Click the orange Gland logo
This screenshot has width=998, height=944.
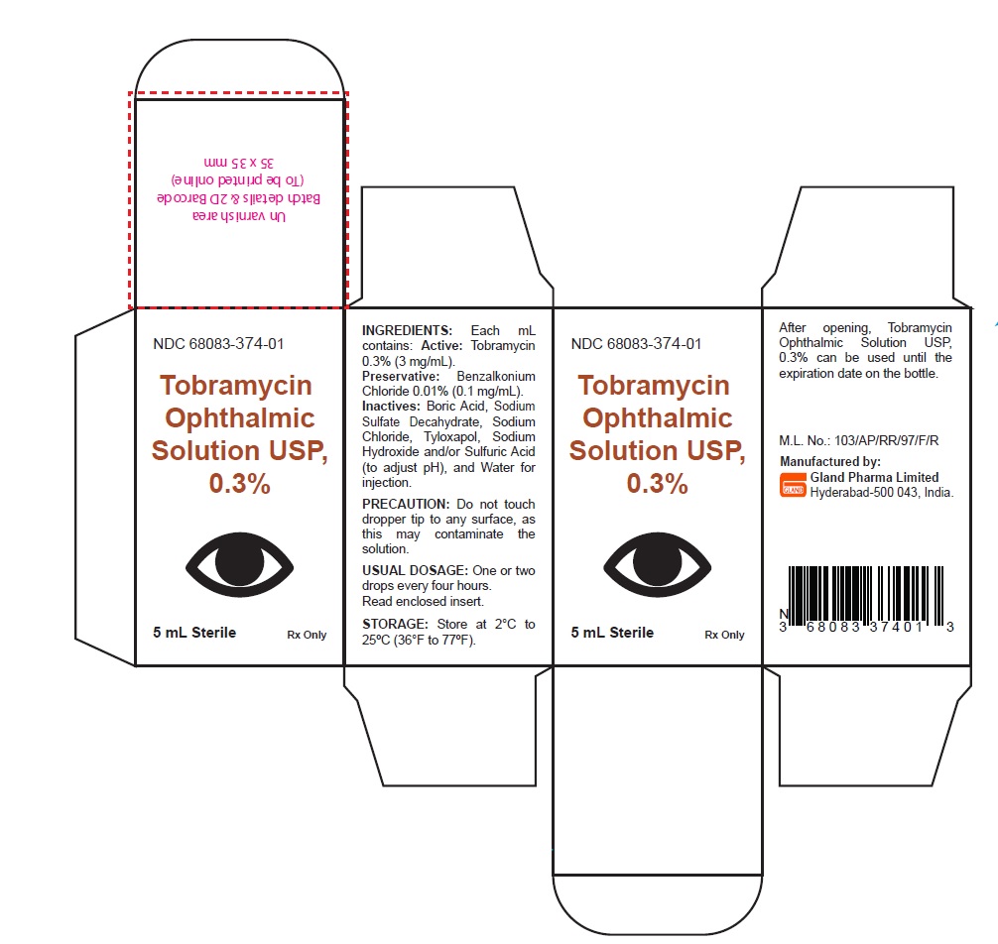pos(793,485)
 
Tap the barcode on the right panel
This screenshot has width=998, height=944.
pos(866,599)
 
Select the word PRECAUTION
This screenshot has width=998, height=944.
pos(406,504)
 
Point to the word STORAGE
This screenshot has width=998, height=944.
pos(395,624)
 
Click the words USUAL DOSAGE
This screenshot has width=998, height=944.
pos(415,570)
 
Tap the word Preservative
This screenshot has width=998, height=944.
pos(401,377)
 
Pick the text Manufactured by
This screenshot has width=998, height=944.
pos(830,462)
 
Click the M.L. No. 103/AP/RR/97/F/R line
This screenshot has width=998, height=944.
pos(858,441)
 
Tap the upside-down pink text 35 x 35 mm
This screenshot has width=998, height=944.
pos(239,163)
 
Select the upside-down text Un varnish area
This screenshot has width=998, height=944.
pos(239,216)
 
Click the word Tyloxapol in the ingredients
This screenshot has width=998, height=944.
pos(451,437)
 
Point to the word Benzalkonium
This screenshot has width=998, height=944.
pos(496,377)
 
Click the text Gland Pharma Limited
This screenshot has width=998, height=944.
pos(874,477)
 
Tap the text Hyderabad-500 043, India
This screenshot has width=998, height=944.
pos(882,493)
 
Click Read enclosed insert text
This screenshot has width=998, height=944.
pos(424,601)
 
